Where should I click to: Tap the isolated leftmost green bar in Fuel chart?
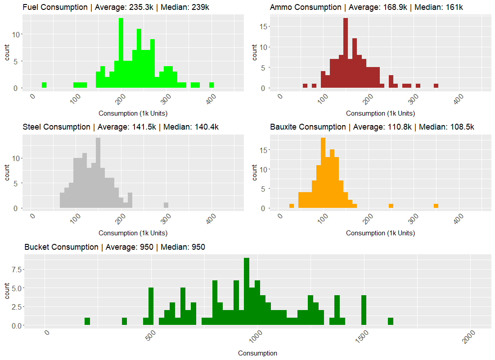pos(44,85)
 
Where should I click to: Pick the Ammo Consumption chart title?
pos(366,7)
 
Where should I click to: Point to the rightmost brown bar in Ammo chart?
pos(436,86)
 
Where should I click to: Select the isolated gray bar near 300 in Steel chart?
pos(166,205)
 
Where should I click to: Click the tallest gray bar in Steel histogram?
pos(98,173)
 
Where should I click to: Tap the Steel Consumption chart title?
pos(121,127)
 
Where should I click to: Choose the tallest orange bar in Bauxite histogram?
pos(323,173)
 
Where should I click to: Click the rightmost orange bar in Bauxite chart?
pos(436,206)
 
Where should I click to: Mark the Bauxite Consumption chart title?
pos(372,127)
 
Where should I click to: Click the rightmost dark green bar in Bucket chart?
pos(391,321)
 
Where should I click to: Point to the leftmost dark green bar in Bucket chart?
pos(87,321)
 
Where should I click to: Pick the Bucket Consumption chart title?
pos(115,247)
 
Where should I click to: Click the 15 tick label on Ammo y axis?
pos(265,26)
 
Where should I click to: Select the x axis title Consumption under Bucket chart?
pos(257,353)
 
